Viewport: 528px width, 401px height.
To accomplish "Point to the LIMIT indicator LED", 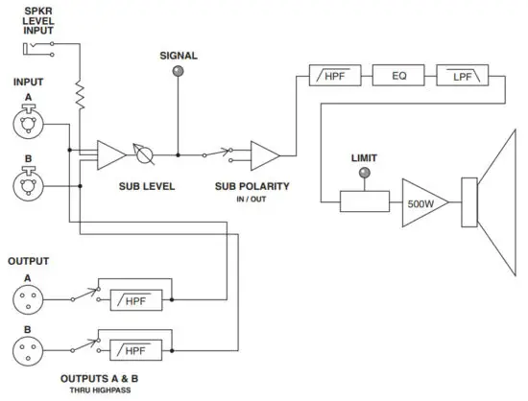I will pos(365,173).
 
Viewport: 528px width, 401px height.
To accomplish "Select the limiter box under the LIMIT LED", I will pos(365,201).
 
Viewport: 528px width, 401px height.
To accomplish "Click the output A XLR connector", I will pos(28,298).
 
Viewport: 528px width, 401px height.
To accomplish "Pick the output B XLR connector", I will pos(28,347).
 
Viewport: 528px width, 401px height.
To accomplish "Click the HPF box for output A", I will pos(136,298).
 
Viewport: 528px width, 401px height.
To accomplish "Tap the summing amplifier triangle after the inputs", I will pos(111,153).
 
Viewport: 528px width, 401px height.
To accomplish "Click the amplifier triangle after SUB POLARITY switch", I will pos(264,153).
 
